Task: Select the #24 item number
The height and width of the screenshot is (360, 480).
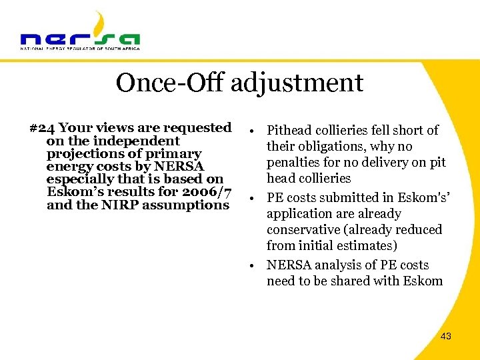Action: pyautogui.click(x=41, y=127)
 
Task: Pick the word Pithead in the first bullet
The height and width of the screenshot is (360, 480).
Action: pyautogui.click(x=291, y=131)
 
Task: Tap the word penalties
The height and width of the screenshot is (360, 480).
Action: pyautogui.click(x=295, y=163)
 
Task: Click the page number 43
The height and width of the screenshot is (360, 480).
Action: pyautogui.click(x=446, y=336)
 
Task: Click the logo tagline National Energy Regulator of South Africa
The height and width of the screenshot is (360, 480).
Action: pyautogui.click(x=80, y=49)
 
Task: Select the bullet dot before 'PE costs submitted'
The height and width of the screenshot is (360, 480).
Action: pyautogui.click(x=255, y=198)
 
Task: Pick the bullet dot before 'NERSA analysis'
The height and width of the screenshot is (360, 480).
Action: pyautogui.click(x=255, y=265)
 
